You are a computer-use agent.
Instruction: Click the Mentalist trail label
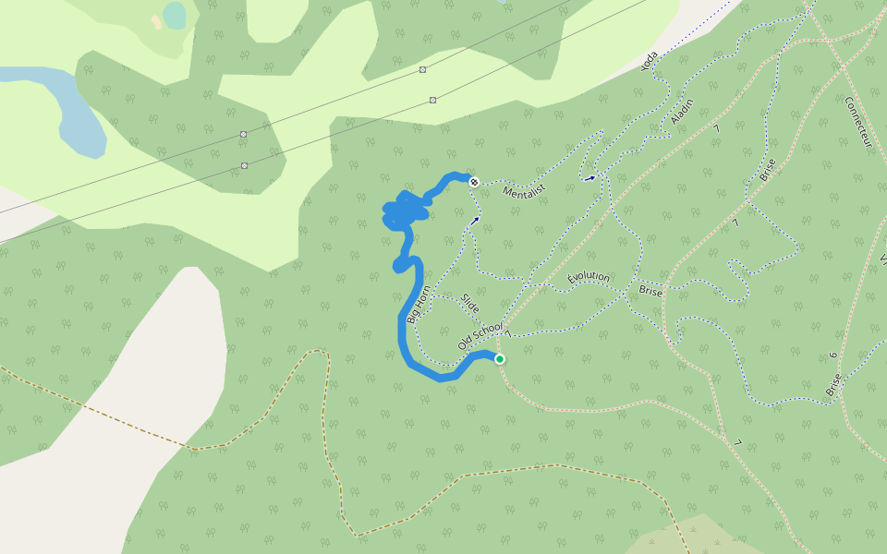(x=525, y=192)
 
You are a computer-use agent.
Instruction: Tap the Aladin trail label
(x=682, y=112)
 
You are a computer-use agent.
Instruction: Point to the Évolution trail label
(x=589, y=277)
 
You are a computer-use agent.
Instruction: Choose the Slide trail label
(x=470, y=303)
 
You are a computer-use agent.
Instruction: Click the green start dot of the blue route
(x=500, y=359)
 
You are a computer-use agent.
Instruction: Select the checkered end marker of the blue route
(x=474, y=182)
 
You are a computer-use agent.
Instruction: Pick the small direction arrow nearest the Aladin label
(x=589, y=178)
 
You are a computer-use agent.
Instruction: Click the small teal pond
(x=174, y=14)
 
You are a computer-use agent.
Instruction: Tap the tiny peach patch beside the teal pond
(x=156, y=21)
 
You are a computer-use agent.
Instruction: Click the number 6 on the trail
(x=832, y=355)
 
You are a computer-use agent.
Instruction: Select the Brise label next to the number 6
(x=833, y=383)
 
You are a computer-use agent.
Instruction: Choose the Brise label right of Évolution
(x=650, y=290)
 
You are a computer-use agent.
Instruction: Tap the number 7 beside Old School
(x=508, y=333)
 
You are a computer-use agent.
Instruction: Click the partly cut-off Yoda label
(x=650, y=61)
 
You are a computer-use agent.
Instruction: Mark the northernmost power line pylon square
(x=422, y=70)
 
